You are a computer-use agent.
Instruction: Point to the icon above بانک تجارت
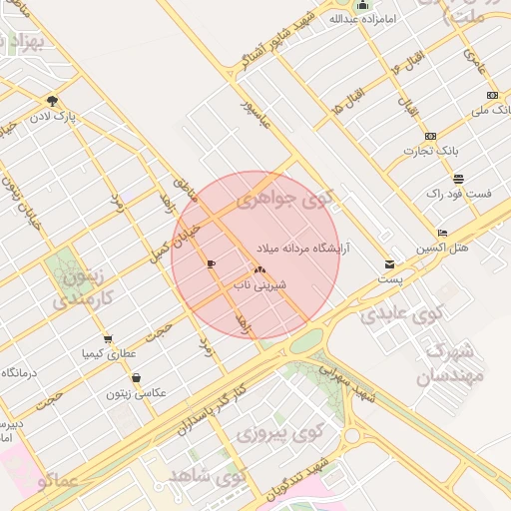[x=430, y=136]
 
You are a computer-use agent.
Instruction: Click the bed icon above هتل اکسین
[x=442, y=234]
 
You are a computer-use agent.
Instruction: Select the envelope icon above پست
[x=389, y=264]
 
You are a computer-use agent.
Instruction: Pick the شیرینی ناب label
[x=259, y=284]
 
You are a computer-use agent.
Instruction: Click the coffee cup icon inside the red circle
[x=210, y=263]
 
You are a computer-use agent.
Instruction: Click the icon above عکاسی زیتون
[x=136, y=377]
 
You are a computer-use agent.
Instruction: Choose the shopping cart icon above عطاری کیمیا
[x=108, y=338]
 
